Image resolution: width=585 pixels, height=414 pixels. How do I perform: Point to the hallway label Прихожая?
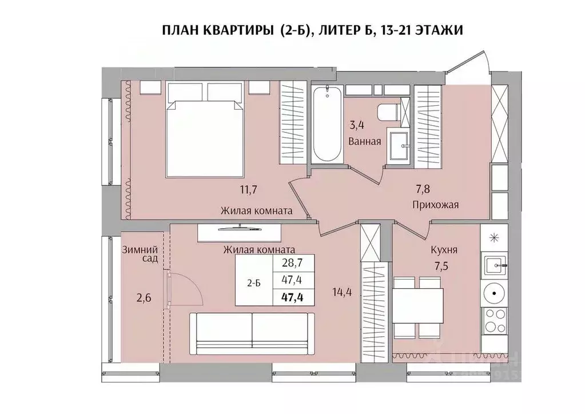point(435,204)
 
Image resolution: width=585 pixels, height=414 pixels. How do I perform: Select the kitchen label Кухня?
point(444,250)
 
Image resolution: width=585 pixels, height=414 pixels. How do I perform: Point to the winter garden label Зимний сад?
point(140,254)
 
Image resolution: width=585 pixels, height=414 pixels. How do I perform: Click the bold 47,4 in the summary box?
point(293,296)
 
